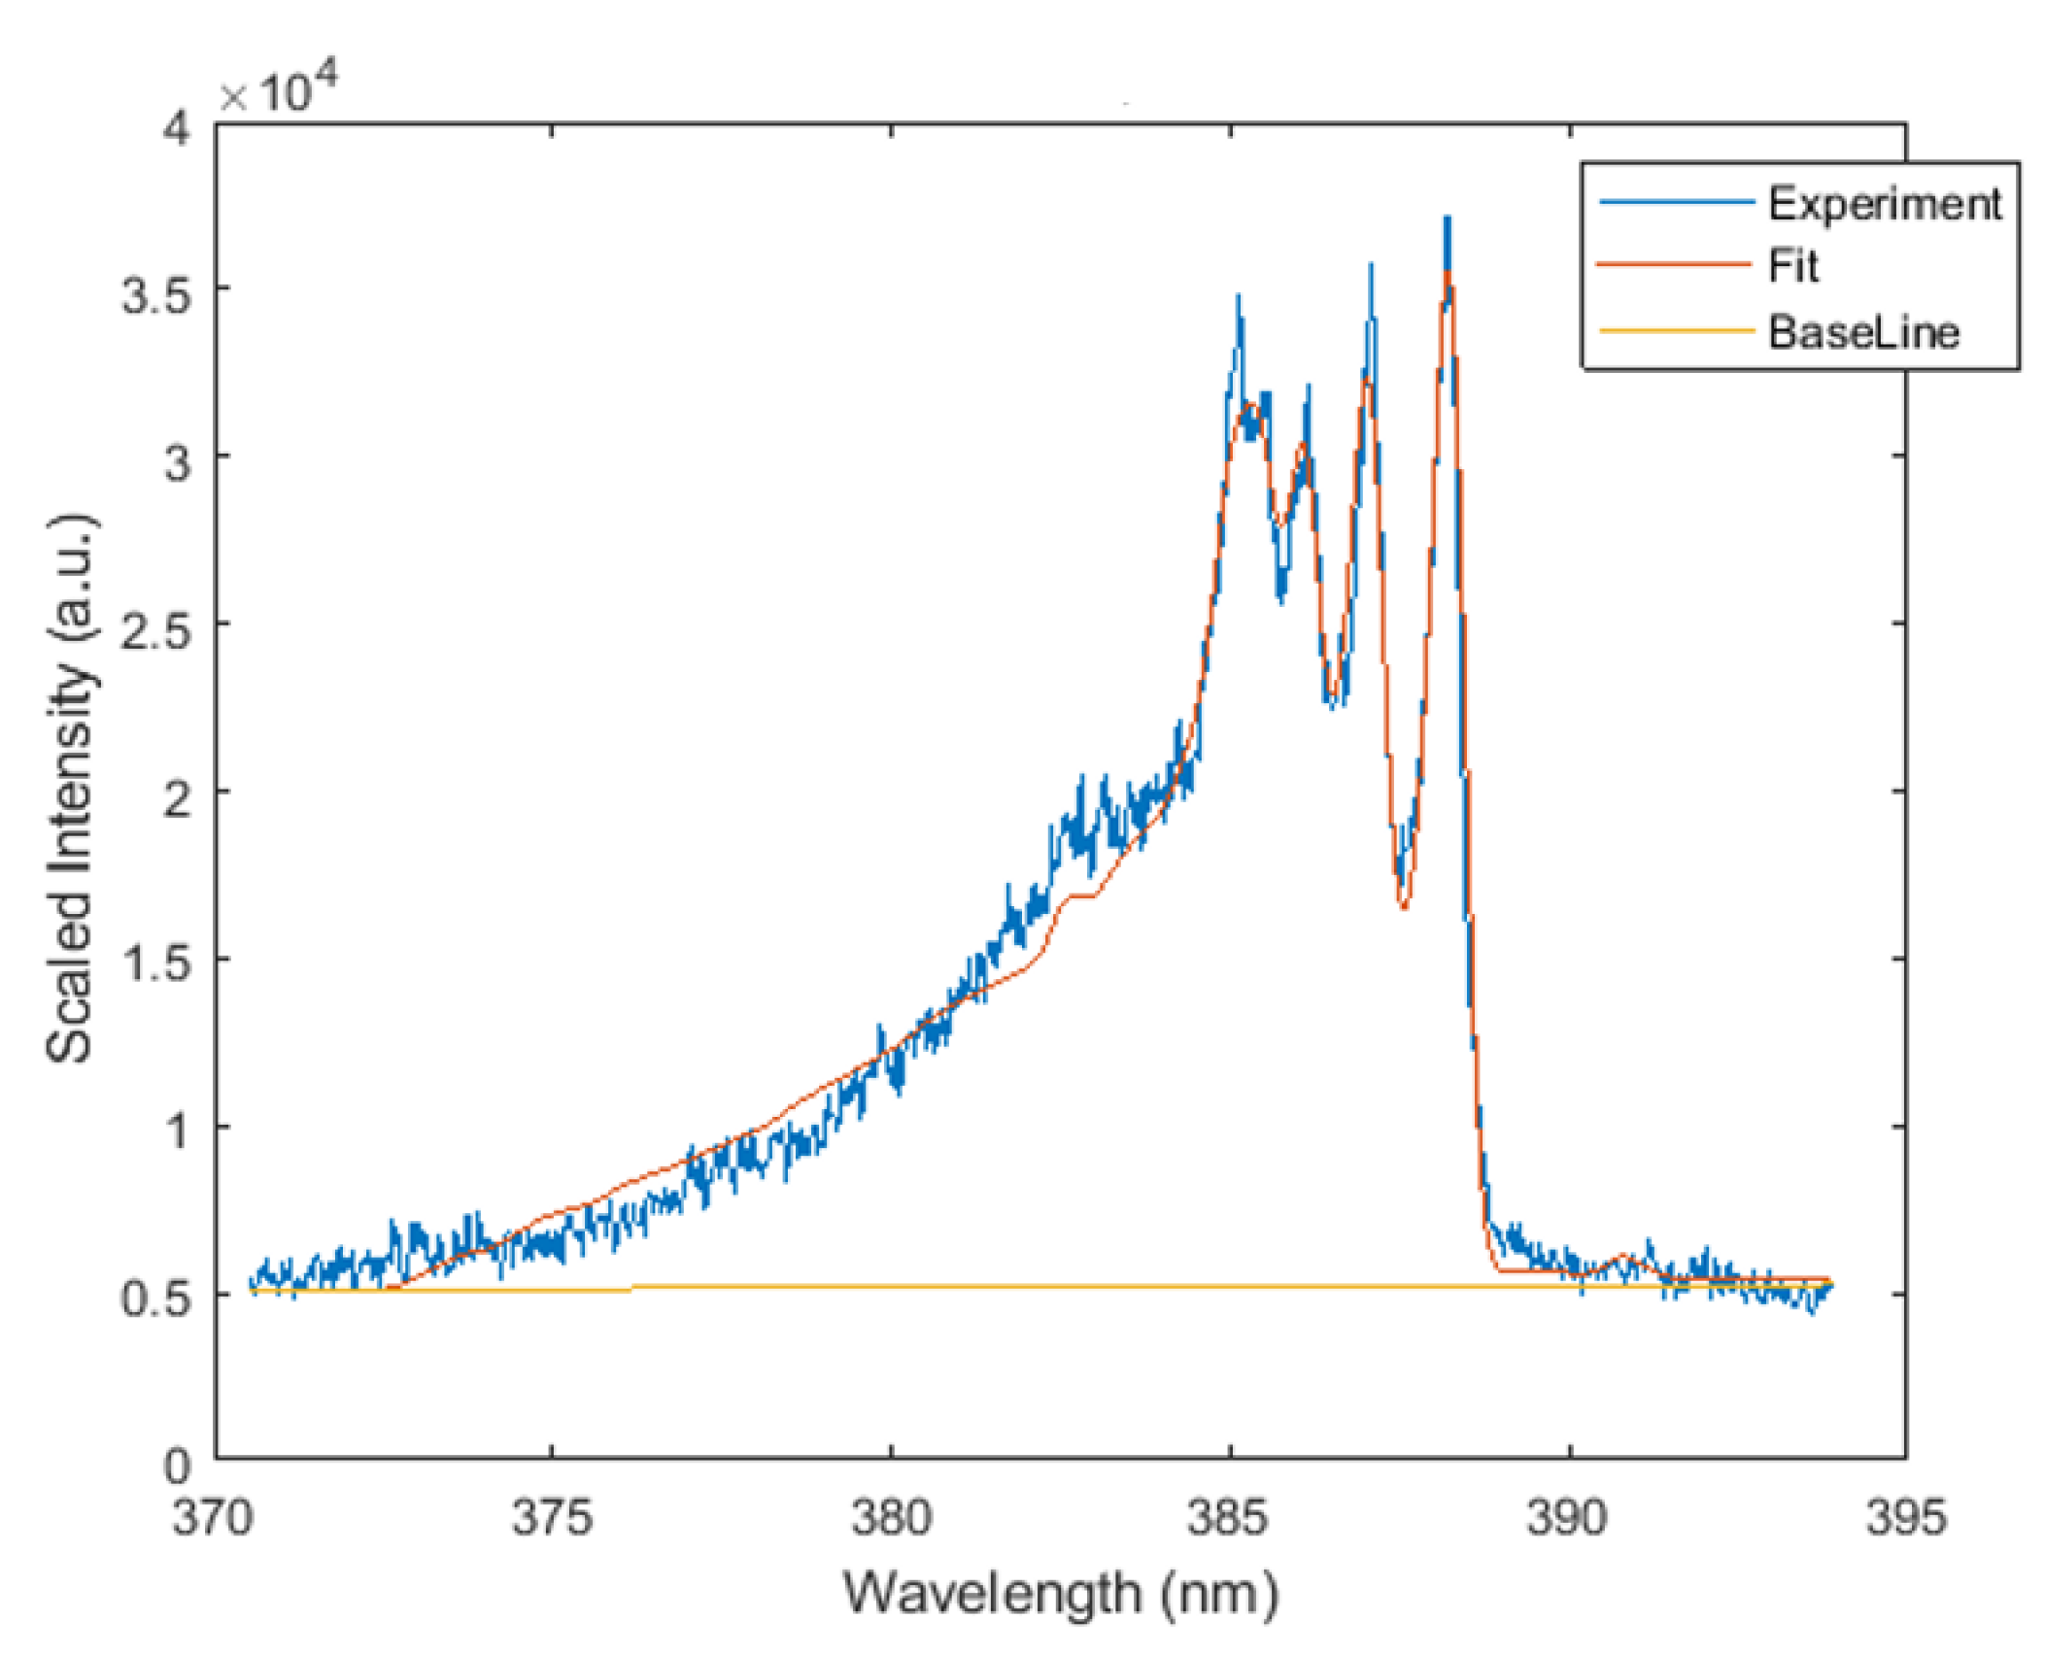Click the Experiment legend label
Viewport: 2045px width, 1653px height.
(1883, 204)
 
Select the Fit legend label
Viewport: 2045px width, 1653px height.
(1792, 267)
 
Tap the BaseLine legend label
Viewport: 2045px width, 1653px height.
(1862, 333)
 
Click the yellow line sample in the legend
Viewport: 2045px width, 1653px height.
(1676, 332)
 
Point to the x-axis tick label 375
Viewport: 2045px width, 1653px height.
(552, 1516)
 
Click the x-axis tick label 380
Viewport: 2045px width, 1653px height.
(891, 1516)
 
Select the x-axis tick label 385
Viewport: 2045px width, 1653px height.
(1230, 1516)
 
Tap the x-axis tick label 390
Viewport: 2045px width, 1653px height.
(1568, 1516)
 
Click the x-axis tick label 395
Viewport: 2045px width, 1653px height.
(1905, 1516)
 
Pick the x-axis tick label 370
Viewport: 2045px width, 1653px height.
(214, 1516)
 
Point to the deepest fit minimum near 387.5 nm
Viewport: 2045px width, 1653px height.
(1404, 906)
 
